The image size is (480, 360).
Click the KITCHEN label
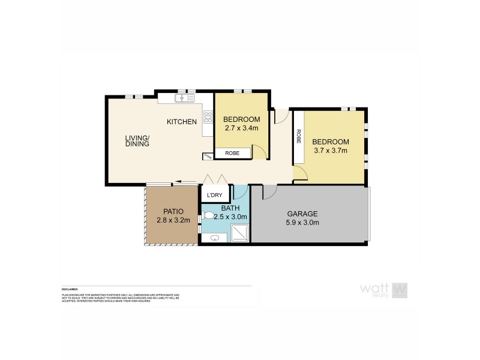coord(182,122)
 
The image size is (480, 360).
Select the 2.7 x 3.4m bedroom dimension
coord(241,128)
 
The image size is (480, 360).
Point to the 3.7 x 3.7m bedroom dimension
coord(330,151)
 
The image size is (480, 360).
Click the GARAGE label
coord(302,214)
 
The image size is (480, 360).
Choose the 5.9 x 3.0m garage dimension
coord(302,223)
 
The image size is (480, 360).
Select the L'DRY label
coord(214,196)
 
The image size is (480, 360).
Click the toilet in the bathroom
coord(207,213)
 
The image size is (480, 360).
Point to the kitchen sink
coord(182,98)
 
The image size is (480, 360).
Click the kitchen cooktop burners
coord(208,117)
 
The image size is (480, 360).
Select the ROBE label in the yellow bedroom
coord(232,154)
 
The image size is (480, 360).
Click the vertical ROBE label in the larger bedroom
coord(298,137)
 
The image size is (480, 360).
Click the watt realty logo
coord(385,290)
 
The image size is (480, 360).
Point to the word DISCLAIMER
coord(70,289)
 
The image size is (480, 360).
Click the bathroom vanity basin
coord(214,239)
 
